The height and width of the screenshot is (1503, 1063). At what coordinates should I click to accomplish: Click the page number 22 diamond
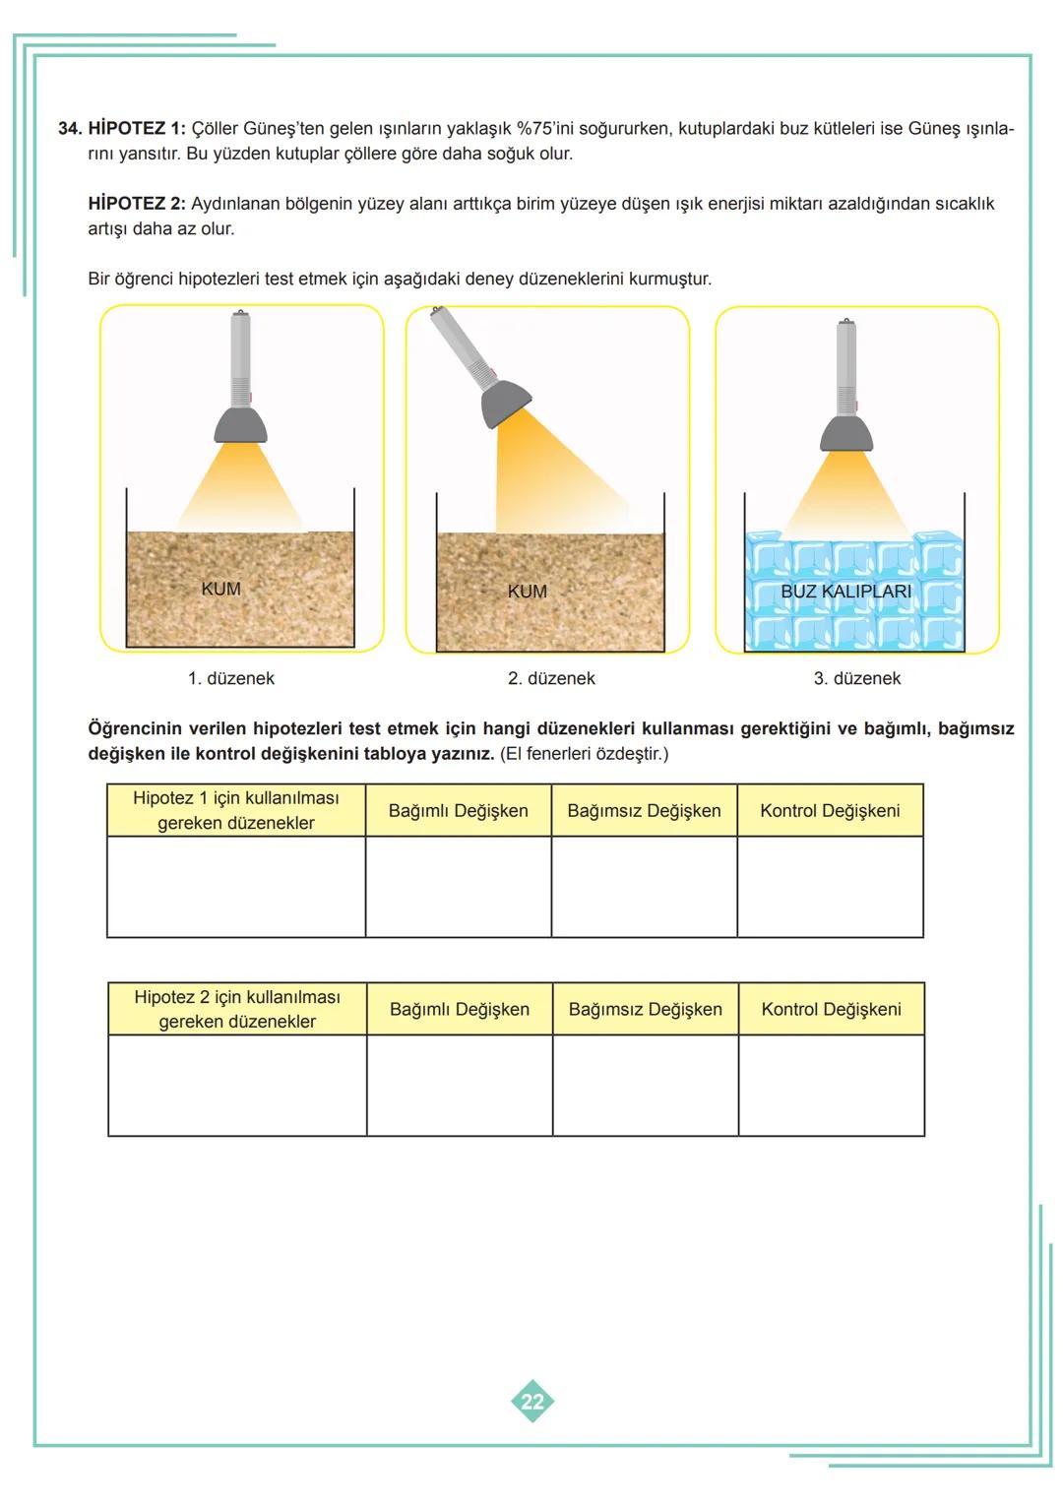pyautogui.click(x=532, y=1401)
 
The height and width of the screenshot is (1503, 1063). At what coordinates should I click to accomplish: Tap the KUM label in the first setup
pyautogui.click(x=220, y=589)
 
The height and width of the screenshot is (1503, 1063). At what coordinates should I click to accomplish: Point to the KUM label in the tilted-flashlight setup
pyautogui.click(x=527, y=592)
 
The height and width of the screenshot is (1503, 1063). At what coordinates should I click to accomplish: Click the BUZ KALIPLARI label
pyautogui.click(x=845, y=592)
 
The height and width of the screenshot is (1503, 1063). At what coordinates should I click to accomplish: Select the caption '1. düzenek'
pyautogui.click(x=231, y=678)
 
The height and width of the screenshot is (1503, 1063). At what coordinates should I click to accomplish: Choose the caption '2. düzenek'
pyautogui.click(x=551, y=678)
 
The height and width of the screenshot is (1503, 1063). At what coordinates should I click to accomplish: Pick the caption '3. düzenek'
pyautogui.click(x=856, y=678)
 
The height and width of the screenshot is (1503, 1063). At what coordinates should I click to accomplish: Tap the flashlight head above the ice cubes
pyautogui.click(x=845, y=434)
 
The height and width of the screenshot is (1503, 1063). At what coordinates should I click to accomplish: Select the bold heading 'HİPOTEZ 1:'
pyautogui.click(x=136, y=129)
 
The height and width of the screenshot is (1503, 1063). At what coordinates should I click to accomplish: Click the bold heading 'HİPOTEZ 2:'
pyautogui.click(x=136, y=204)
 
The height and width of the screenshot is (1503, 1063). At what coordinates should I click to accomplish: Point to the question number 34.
pyautogui.click(x=69, y=129)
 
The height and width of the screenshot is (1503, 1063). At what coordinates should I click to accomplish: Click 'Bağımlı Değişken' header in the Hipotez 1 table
pyautogui.click(x=458, y=811)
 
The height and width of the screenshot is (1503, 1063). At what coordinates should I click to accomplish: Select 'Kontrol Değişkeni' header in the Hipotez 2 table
pyautogui.click(x=831, y=1009)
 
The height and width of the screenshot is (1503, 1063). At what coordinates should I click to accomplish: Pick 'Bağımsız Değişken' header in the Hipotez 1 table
pyautogui.click(x=644, y=811)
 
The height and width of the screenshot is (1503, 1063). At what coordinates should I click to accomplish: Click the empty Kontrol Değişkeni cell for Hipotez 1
pyautogui.click(x=830, y=887)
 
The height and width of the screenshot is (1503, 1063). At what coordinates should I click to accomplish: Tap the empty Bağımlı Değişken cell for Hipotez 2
pyautogui.click(x=459, y=1086)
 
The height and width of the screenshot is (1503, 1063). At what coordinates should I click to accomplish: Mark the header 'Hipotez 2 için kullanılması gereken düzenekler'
pyautogui.click(x=237, y=1009)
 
